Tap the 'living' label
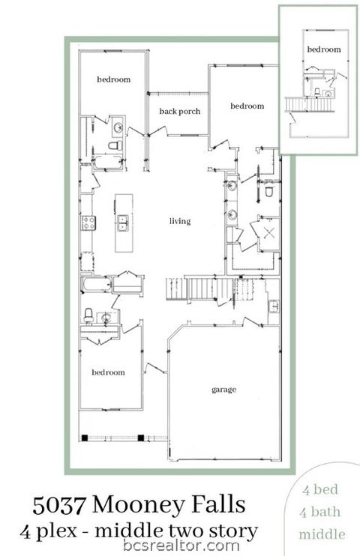coord(180,221)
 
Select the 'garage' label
coord(223,390)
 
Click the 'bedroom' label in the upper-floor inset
coord(323,49)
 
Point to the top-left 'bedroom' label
coord(114,79)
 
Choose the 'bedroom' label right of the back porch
coord(247,106)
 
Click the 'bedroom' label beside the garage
coord(108,372)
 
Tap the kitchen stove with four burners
coord(88,222)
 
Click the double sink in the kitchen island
coord(122,223)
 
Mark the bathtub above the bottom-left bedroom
coord(97,285)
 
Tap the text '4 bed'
coord(321,490)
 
